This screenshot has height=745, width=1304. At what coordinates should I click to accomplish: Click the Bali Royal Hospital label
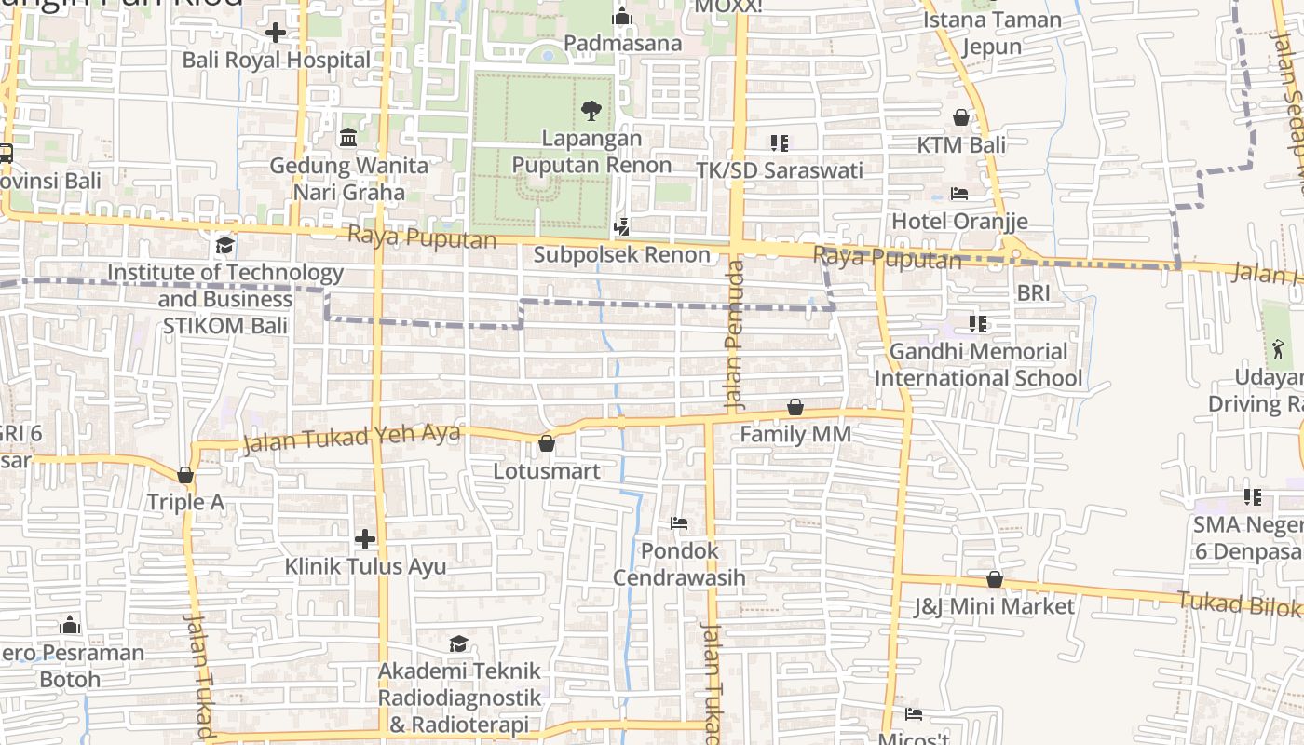[x=277, y=61]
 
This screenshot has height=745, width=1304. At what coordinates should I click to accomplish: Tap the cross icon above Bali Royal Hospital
[x=276, y=33]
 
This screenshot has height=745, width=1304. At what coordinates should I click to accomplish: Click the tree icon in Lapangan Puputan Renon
[x=591, y=112]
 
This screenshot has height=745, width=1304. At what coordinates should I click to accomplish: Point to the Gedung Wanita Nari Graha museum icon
[x=348, y=138]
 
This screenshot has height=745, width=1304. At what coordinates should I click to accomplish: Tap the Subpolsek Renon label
[x=622, y=254]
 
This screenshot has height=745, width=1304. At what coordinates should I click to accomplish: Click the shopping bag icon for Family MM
[x=795, y=407]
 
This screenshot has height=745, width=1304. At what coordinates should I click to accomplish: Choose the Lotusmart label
[x=547, y=471]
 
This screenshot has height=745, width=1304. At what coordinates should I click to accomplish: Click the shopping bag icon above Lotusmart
[x=547, y=443]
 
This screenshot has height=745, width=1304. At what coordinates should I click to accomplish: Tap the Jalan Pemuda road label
[x=735, y=335]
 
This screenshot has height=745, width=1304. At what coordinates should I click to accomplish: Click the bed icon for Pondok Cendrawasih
[x=679, y=523]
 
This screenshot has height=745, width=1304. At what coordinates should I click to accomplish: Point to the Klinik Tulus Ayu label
[x=365, y=567]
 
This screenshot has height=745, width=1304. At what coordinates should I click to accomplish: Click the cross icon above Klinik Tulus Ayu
[x=365, y=539]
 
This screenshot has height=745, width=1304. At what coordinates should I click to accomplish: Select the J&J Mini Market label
[x=994, y=607]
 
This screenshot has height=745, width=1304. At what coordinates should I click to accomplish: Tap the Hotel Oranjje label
[x=959, y=221]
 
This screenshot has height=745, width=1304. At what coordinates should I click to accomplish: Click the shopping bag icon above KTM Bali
[x=961, y=117]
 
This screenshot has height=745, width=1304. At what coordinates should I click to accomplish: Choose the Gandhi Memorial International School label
[x=978, y=365]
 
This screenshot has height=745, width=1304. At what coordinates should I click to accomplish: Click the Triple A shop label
[x=185, y=503]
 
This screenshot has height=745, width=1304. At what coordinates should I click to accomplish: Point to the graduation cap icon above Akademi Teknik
[x=458, y=643]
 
